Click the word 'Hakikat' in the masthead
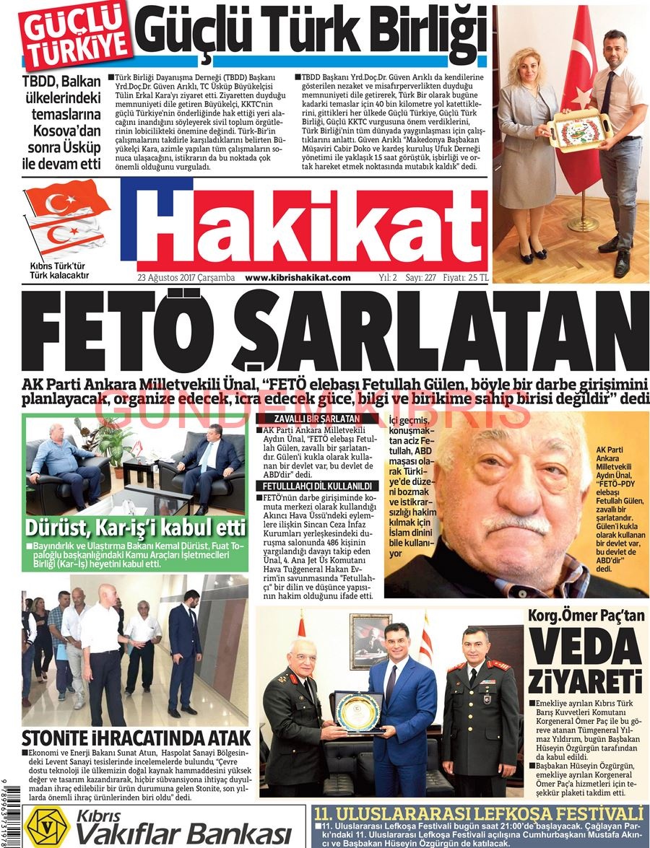click(303, 229)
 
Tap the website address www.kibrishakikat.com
click(298, 278)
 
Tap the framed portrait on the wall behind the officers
click(370, 642)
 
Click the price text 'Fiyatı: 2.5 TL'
click(466, 278)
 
